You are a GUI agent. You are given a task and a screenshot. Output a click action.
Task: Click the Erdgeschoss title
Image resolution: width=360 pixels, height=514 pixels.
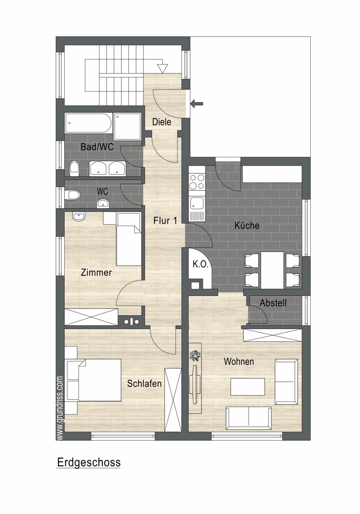point(89,463)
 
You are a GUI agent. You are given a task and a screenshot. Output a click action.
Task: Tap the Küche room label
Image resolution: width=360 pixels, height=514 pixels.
point(247,225)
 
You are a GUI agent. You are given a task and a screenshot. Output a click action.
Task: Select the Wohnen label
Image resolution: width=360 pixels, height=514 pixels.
point(239,361)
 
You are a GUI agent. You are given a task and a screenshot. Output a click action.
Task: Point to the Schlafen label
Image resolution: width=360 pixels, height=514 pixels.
point(144,383)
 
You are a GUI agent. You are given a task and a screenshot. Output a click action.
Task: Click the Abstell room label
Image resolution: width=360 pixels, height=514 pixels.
point(273,303)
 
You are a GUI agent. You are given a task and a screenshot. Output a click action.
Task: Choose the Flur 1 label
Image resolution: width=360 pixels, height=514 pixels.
point(165,221)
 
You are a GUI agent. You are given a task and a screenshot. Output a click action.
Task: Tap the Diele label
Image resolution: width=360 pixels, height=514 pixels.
point(162,122)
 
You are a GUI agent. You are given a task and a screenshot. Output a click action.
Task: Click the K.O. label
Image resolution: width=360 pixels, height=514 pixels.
point(200,264)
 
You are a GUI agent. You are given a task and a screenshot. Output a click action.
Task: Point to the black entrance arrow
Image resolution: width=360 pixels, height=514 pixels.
point(197,104)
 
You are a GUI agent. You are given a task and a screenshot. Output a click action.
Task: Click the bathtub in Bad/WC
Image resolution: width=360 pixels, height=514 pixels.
point(88,123)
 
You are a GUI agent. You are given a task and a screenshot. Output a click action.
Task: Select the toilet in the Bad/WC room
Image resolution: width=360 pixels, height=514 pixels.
point(74,168)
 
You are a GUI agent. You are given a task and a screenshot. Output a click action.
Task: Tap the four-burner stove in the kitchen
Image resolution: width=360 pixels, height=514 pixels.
point(197,182)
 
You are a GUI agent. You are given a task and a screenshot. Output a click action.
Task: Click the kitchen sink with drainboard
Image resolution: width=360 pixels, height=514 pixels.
point(197,209)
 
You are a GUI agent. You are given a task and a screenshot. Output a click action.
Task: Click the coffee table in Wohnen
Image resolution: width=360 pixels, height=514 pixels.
point(248,387)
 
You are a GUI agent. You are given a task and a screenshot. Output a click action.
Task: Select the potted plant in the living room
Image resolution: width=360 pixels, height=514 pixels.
point(195,356)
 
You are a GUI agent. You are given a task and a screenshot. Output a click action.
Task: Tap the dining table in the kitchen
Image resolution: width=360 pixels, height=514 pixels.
point(272,270)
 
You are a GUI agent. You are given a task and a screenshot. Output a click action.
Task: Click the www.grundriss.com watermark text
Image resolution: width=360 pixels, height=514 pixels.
point(60,408)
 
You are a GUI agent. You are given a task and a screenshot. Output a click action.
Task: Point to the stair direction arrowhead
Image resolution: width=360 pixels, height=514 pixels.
point(162,68)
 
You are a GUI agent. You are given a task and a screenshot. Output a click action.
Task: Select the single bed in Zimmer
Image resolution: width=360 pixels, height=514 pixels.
point(129,240)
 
